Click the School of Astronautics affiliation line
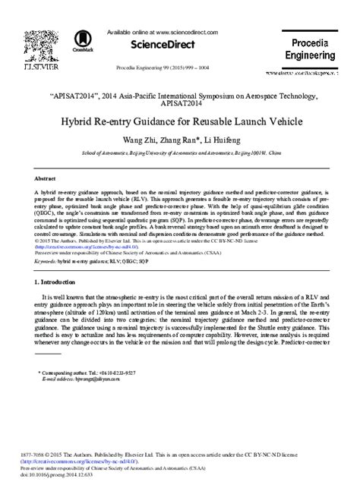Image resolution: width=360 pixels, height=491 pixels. pyautogui.click(x=179, y=152)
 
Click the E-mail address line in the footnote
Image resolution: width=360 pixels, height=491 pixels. pyautogui.click(x=83, y=381)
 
